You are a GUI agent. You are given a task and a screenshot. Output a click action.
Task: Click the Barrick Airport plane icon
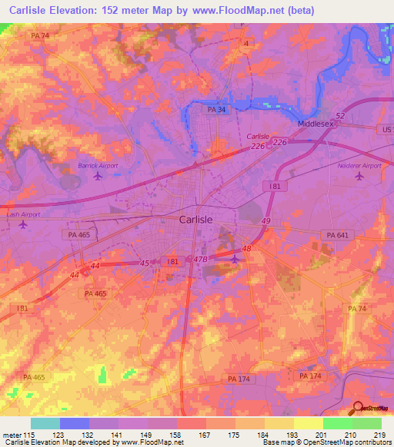[97, 177]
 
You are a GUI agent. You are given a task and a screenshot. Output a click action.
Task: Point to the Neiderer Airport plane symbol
[359, 177]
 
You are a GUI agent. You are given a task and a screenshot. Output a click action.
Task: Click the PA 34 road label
[217, 111]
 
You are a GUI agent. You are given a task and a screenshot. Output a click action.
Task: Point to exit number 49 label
[266, 221]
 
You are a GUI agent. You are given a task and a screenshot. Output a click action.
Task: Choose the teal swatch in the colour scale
[45, 423]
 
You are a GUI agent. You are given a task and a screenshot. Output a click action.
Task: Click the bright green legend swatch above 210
[337, 423]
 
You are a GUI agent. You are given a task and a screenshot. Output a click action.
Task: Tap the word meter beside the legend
[13, 435]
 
